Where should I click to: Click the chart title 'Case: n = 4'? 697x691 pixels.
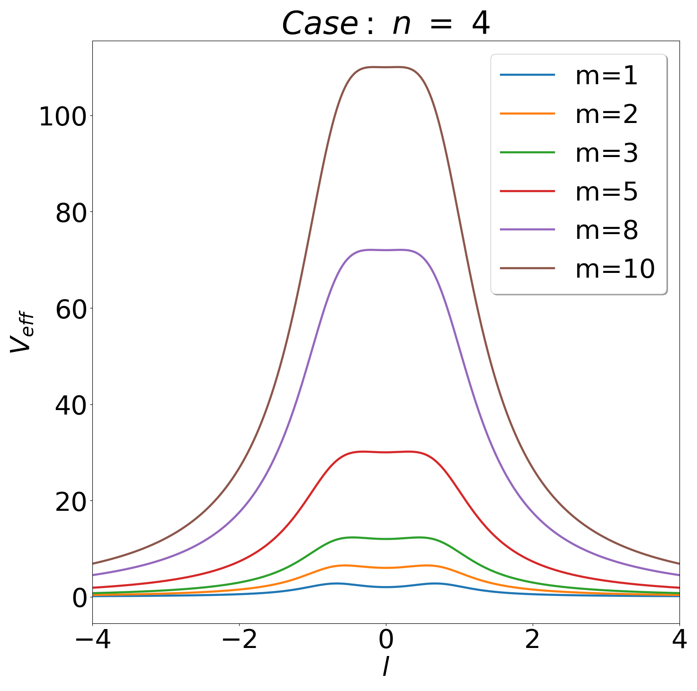coord(385,24)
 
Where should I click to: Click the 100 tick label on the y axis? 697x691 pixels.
coord(62,117)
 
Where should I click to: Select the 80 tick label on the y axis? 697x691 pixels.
coord(70,213)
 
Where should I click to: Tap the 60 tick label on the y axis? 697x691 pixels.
coord(70,310)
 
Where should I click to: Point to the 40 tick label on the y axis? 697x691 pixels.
coord(70,406)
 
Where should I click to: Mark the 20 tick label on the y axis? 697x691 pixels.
coord(70,503)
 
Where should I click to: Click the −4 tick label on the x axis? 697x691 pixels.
coord(93,640)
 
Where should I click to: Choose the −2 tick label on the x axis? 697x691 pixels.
coord(240,640)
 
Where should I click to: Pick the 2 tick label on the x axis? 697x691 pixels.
coord(533,640)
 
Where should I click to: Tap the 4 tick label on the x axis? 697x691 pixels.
coord(679,640)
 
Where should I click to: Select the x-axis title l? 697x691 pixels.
coord(386,667)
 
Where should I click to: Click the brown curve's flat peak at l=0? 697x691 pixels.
coord(386,68)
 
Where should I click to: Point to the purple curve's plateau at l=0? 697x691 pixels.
coord(386,250)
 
